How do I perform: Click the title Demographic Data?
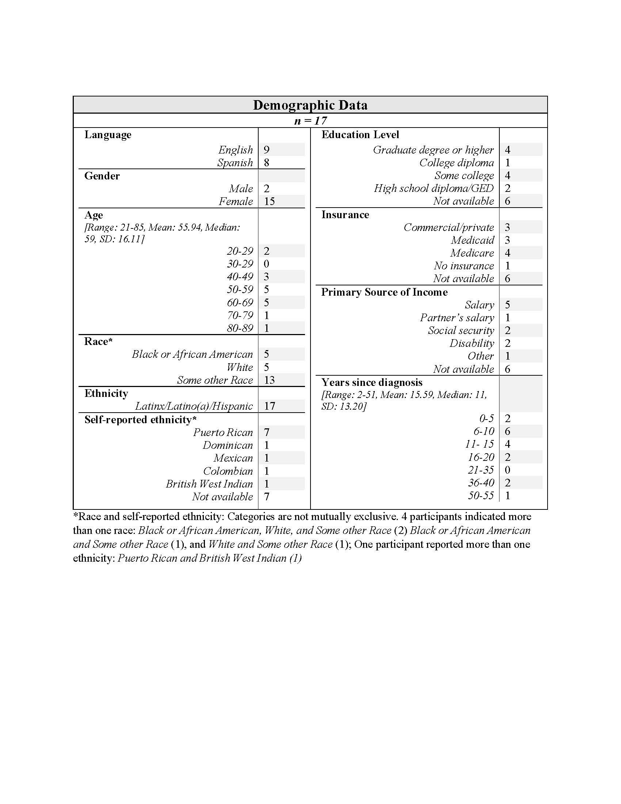(310, 105)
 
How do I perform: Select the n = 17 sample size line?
(310, 121)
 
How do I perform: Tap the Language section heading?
(108, 135)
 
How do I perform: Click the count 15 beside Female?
(269, 201)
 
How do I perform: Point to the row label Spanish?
(235, 163)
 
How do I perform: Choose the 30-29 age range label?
(240, 264)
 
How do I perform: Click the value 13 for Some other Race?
(269, 380)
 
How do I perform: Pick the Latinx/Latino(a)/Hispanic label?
(194, 406)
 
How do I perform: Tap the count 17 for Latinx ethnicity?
(269, 406)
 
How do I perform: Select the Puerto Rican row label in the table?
(223, 432)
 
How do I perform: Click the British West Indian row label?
(209, 484)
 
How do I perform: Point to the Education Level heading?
(360, 135)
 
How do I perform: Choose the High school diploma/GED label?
(434, 189)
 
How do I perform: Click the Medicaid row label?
(472, 240)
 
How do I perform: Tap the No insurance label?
(464, 266)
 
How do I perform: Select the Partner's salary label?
(457, 318)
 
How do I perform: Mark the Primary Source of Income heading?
(384, 292)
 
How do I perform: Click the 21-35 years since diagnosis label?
(481, 470)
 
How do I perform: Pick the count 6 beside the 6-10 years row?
(508, 432)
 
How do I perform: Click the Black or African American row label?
(193, 354)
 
